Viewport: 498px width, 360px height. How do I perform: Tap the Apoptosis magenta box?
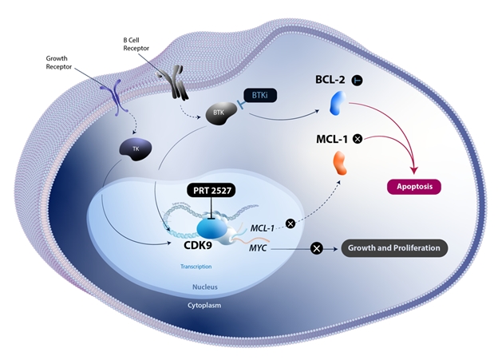[x=414, y=188]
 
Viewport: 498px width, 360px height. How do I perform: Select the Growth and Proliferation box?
[x=394, y=248]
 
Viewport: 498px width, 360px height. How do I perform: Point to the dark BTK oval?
[x=218, y=114]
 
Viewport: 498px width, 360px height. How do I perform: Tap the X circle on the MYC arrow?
[x=316, y=249]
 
